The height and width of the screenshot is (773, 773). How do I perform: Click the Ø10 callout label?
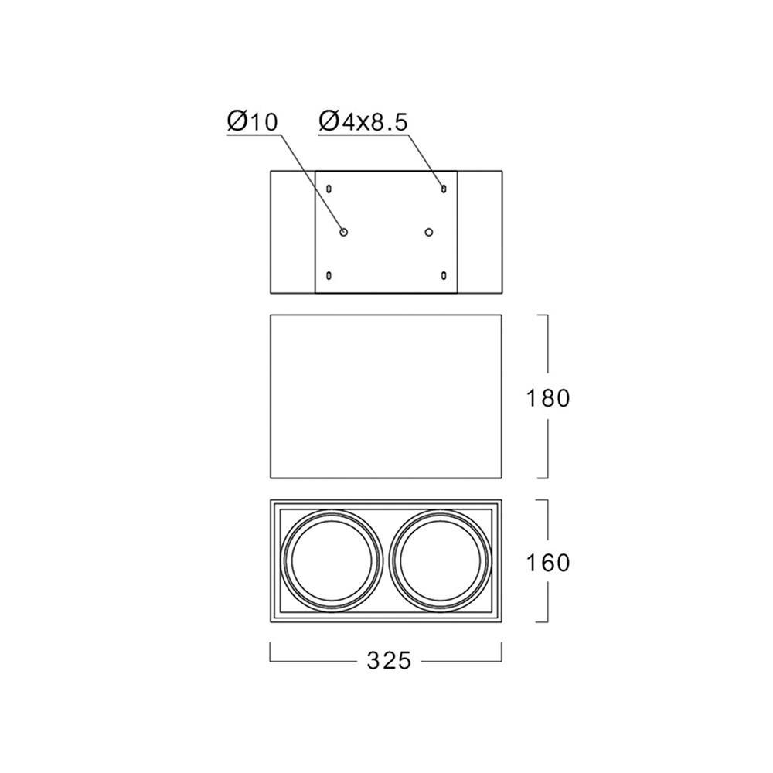click(x=253, y=122)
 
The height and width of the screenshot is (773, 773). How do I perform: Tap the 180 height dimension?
click(x=548, y=398)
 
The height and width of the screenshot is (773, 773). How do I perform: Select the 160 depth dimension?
click(x=548, y=563)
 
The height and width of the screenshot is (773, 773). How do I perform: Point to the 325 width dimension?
click(x=389, y=661)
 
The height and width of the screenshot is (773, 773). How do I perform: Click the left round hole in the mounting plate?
click(x=344, y=232)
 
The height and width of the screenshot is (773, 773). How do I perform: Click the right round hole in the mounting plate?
click(x=429, y=232)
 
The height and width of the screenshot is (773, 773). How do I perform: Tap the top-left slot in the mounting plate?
click(x=329, y=189)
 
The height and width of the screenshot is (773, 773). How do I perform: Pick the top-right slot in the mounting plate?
click(x=444, y=189)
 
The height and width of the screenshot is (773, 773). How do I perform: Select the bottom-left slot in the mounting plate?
click(x=329, y=275)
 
